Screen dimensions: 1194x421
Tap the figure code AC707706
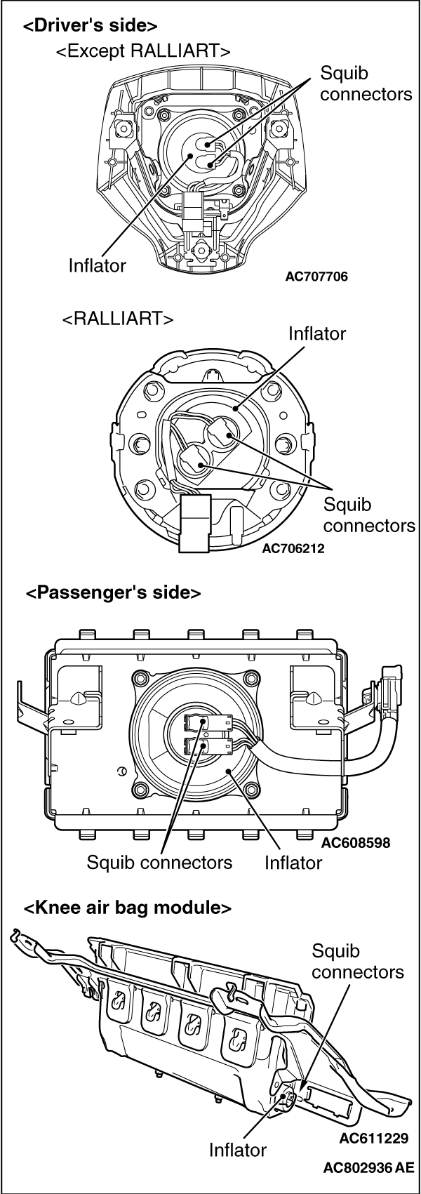pyautogui.click(x=316, y=276)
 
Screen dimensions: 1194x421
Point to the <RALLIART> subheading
pyautogui.click(x=117, y=318)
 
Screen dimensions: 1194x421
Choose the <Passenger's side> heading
pyautogui.click(x=113, y=592)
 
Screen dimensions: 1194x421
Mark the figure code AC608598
pyautogui.click(x=356, y=842)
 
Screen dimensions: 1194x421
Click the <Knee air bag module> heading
pyautogui.click(x=128, y=908)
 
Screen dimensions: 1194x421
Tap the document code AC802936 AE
pyautogui.click(x=369, y=1169)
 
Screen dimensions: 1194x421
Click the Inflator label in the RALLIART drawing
pyautogui.click(x=317, y=333)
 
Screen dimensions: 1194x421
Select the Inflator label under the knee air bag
pyautogui.click(x=238, y=1150)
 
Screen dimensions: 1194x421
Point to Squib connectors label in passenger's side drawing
pyautogui.click(x=159, y=862)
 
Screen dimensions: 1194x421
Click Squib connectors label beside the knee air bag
pyautogui.click(x=358, y=962)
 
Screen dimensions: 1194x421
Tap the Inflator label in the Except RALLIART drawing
pyautogui.click(x=98, y=265)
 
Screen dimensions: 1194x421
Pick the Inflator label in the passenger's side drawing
pyautogui.click(x=293, y=862)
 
